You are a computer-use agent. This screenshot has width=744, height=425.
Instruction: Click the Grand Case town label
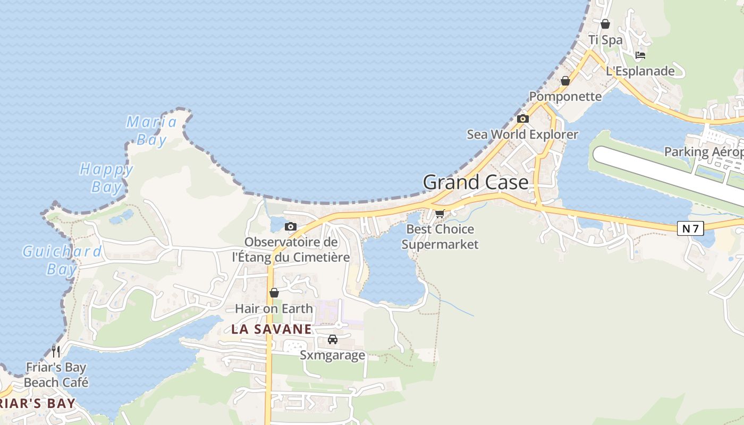[x=476, y=182]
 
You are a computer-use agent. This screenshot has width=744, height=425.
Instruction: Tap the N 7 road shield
[x=690, y=228]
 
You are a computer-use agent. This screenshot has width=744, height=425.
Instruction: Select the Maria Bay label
[x=151, y=131]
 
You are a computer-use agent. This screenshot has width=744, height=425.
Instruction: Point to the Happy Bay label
[x=106, y=178]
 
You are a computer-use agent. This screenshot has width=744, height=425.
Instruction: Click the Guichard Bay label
[x=62, y=260]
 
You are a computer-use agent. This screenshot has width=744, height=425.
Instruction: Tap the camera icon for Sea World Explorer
[x=523, y=118]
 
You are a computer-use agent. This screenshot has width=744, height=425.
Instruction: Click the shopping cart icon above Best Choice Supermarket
[x=439, y=214]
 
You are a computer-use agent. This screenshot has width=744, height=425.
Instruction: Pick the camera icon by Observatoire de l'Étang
[x=290, y=227]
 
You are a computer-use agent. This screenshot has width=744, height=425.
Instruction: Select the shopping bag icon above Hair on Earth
[x=274, y=293]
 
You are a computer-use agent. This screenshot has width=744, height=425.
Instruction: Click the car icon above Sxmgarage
[x=333, y=339]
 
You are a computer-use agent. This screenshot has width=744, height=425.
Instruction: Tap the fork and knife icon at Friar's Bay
[x=56, y=351]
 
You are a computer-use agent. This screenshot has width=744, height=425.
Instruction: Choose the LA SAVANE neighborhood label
[x=271, y=329]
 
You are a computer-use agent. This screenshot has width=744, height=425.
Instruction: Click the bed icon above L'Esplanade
[x=640, y=55]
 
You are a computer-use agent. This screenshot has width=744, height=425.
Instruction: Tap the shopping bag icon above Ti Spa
[x=605, y=24]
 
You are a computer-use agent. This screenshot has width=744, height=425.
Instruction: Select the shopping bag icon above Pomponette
[x=565, y=81]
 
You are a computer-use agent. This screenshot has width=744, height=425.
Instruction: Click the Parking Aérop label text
[x=704, y=152]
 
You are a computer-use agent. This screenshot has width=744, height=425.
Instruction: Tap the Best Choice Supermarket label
[x=440, y=237]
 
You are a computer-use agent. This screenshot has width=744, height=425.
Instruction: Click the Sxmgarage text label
[x=333, y=355]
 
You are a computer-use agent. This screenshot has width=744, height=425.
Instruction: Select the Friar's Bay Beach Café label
[x=56, y=375]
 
